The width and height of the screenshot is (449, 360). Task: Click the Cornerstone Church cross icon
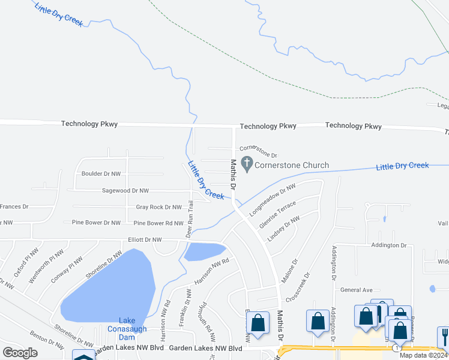[246, 163]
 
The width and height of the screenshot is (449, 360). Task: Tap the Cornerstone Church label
[292, 165]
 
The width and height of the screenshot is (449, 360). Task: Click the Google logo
[20, 353]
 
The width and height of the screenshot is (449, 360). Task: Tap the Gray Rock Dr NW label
[159, 207]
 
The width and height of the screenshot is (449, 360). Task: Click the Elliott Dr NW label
[141, 239]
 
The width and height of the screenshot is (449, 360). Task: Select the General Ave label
[357, 289]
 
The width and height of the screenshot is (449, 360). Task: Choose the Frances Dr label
[14, 206]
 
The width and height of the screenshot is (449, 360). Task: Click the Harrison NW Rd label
[212, 272]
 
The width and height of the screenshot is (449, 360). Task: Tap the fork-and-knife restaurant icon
[444, 335]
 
